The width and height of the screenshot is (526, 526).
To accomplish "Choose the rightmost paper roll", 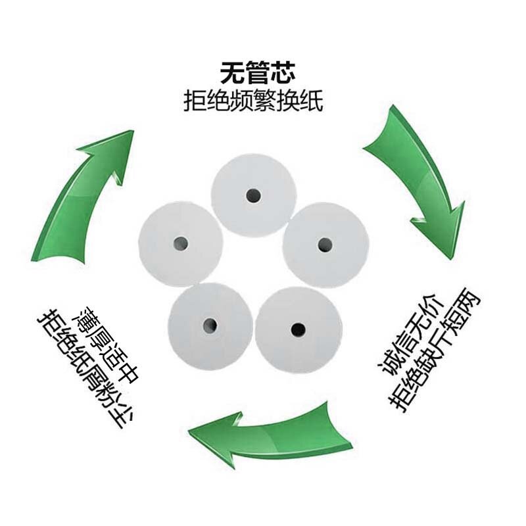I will tap(326, 244).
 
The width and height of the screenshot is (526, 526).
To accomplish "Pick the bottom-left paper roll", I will tap(210, 324).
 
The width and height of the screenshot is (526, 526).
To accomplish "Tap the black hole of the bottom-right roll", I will tap(298, 327).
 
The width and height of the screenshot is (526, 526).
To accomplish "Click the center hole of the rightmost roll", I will tap(323, 245).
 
